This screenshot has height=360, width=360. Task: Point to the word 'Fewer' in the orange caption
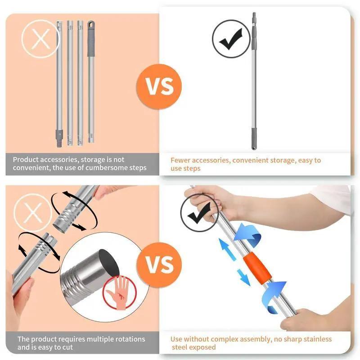click(181, 160)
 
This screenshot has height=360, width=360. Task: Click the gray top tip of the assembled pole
click(254, 20)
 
